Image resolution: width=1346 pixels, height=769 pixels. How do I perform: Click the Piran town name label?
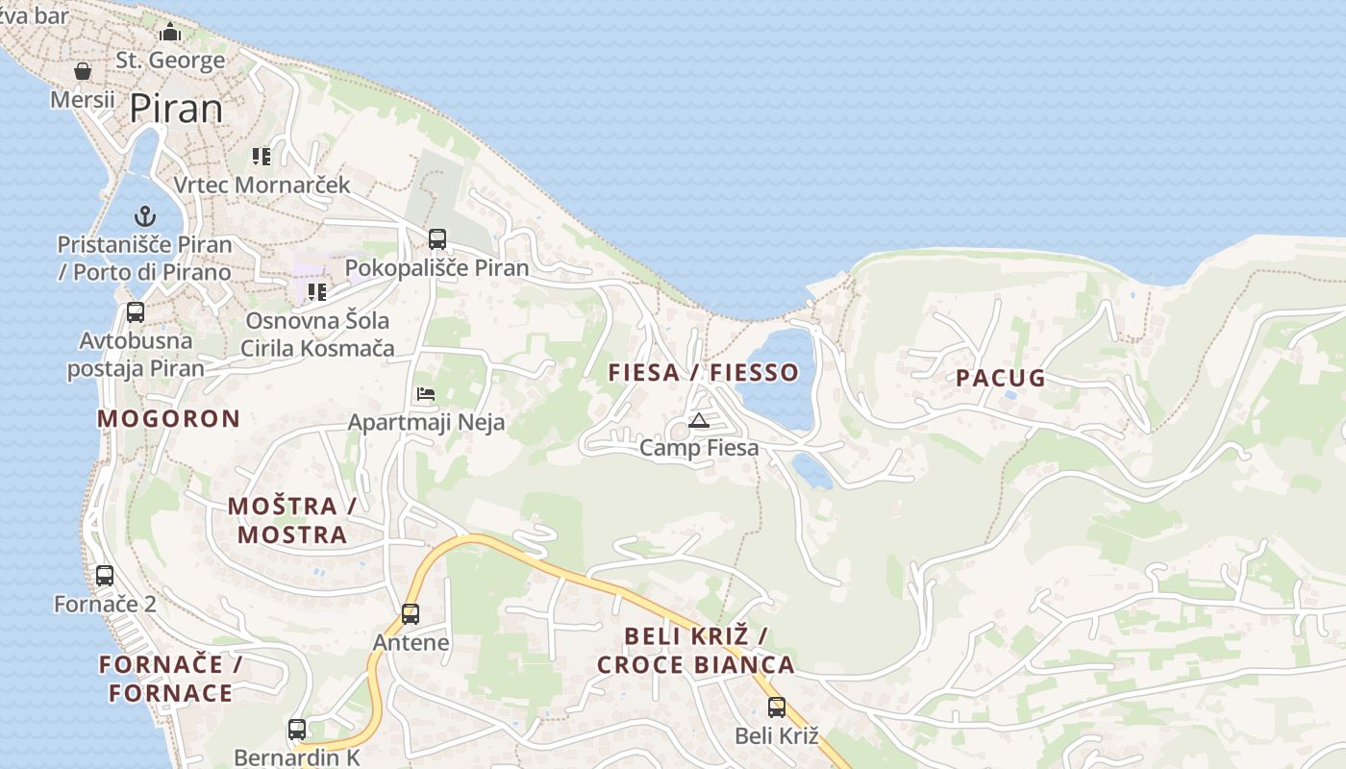(176, 108)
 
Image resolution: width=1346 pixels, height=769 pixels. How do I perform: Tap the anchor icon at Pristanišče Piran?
(145, 216)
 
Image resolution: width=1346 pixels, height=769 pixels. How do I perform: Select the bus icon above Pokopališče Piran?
(437, 238)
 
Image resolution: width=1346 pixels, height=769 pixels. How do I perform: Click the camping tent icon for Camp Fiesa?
(699, 420)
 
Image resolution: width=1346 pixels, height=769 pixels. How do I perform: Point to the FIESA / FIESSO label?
(704, 373)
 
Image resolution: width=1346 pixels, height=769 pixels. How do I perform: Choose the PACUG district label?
(1001, 378)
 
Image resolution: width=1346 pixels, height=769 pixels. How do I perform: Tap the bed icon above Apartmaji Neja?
(426, 394)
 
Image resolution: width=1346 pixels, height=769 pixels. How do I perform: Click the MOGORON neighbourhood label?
(168, 419)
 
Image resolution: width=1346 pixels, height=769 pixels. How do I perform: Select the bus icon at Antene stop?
(411, 613)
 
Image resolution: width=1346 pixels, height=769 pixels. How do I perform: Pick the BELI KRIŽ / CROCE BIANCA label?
(696, 650)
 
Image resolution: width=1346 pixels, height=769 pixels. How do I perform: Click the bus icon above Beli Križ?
(777, 707)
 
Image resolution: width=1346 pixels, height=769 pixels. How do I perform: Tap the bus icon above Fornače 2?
(105, 576)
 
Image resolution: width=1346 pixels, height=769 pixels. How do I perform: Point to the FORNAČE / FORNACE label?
(171, 679)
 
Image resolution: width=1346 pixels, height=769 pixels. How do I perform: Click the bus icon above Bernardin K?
(297, 730)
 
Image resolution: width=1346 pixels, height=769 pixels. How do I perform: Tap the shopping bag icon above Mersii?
(83, 71)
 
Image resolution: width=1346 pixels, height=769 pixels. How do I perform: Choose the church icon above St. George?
(170, 33)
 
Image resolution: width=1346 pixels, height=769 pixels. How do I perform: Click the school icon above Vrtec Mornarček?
(262, 156)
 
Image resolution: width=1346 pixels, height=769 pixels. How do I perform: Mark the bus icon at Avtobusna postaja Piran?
(136, 312)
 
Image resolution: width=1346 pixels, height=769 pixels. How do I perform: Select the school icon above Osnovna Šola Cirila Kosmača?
(317, 291)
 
